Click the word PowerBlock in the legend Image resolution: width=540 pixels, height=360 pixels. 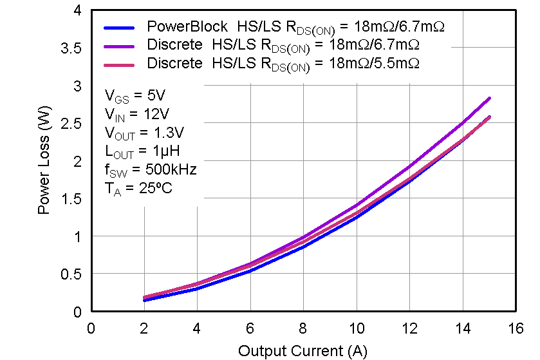[x=187, y=27]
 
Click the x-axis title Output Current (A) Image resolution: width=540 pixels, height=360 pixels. [x=303, y=351]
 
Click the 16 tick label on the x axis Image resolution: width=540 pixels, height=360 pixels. [x=516, y=329]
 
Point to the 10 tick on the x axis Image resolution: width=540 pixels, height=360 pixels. [x=356, y=329]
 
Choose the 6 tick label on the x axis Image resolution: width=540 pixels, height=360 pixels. [x=250, y=329]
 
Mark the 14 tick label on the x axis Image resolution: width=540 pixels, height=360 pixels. [x=462, y=329]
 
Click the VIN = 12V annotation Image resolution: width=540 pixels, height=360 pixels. [x=137, y=115]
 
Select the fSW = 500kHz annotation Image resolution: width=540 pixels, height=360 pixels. [x=151, y=171]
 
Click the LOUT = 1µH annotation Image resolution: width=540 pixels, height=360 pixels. [x=142, y=152]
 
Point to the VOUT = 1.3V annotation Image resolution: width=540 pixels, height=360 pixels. [x=144, y=133]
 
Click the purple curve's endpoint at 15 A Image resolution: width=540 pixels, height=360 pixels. [x=489, y=99]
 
